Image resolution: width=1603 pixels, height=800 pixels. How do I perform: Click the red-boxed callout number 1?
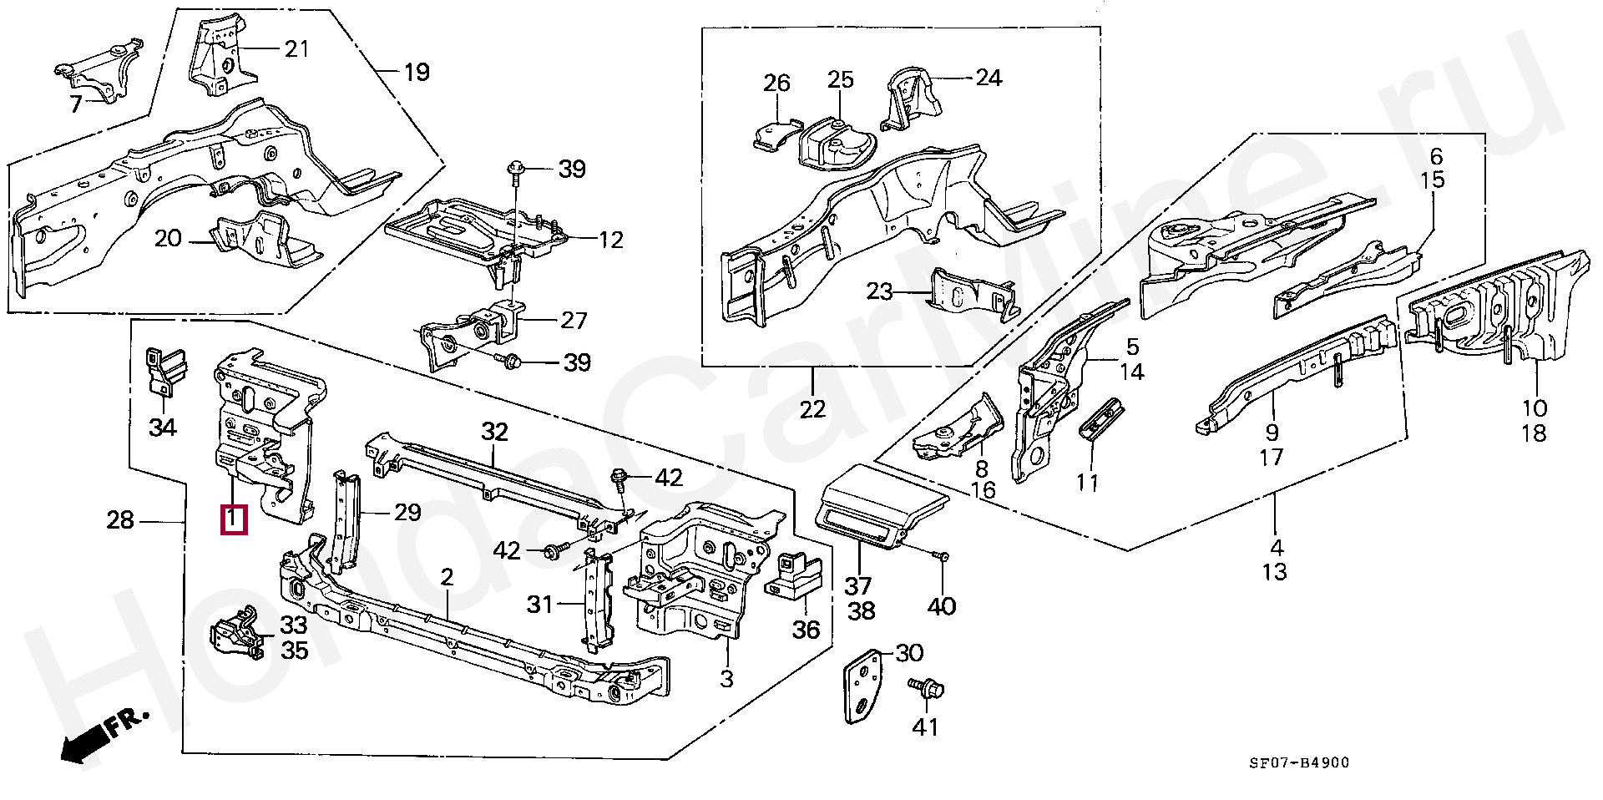[x=233, y=519]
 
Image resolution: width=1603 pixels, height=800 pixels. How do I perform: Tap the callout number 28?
[x=120, y=520]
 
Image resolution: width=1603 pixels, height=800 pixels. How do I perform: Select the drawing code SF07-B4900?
[x=1298, y=762]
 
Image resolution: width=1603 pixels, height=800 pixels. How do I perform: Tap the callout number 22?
[x=812, y=409]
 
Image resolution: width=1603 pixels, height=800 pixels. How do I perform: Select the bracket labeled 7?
[x=99, y=68]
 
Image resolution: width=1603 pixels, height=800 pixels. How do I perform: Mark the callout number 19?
[x=416, y=72]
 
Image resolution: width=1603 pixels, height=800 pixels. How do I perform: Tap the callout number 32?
[x=494, y=432]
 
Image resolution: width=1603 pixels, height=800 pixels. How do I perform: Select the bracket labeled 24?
[x=913, y=102]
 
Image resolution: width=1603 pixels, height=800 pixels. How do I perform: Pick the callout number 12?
[x=610, y=241]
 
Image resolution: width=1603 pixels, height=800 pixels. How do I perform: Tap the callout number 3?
[x=726, y=678]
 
